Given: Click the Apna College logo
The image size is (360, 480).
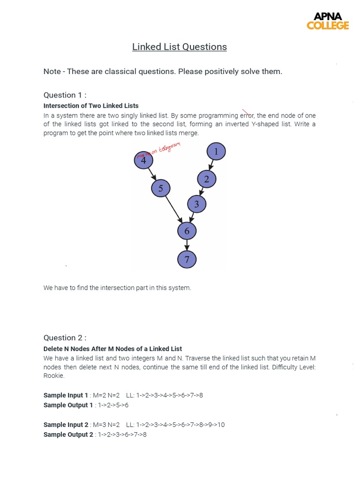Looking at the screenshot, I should coord(328,21).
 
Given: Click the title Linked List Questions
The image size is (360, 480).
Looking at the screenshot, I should coord(180,47).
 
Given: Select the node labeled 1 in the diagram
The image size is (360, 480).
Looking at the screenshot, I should coord(216,151).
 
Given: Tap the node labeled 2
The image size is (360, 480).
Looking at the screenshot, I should coord(206,179).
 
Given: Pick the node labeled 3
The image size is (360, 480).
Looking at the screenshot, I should coord(196,204).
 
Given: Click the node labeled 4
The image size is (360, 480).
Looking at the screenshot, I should coord(143,160).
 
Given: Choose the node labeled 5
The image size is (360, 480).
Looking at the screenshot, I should coord(160,188).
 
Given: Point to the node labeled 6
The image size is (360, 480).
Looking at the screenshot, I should coord(187,231).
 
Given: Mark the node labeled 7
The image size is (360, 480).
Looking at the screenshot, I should coord(187,259).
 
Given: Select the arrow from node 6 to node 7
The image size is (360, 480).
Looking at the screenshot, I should coord(187,245).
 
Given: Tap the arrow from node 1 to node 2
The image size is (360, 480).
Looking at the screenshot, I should coord(211,165).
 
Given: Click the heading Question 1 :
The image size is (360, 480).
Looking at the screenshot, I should coord(65,95).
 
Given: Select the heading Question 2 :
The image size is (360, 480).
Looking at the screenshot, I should coord(65,338).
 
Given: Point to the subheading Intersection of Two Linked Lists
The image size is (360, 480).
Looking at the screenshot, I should coord(91,106).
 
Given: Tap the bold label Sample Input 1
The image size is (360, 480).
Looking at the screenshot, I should coord(66,395).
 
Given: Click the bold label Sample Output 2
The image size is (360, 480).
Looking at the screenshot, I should coord(68,435).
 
